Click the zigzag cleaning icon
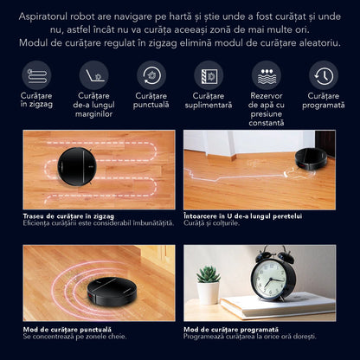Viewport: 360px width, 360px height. click(x=36, y=75)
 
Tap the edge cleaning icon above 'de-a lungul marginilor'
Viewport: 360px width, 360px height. click(x=94, y=75)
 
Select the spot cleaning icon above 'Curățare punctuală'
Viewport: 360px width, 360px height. click(x=151, y=75)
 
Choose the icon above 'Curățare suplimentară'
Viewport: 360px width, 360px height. click(x=209, y=75)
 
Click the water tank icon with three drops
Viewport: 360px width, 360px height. click(x=267, y=75)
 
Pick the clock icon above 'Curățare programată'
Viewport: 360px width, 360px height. click(x=324, y=75)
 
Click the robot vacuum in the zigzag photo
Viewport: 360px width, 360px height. click(x=75, y=166)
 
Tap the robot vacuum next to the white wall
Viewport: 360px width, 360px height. click(x=311, y=159)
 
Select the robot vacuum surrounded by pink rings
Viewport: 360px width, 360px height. click(x=112, y=291)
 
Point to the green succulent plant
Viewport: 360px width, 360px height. click(x=208, y=274)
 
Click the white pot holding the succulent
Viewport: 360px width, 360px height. click(x=208, y=292)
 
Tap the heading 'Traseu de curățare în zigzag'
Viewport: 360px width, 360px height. click(x=68, y=216)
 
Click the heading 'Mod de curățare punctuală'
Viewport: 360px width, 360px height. click(x=67, y=330)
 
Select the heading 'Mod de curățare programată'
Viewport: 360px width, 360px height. click(x=231, y=330)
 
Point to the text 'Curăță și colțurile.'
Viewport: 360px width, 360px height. click(x=211, y=223)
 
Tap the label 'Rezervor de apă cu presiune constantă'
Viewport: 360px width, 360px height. click(x=267, y=109)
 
